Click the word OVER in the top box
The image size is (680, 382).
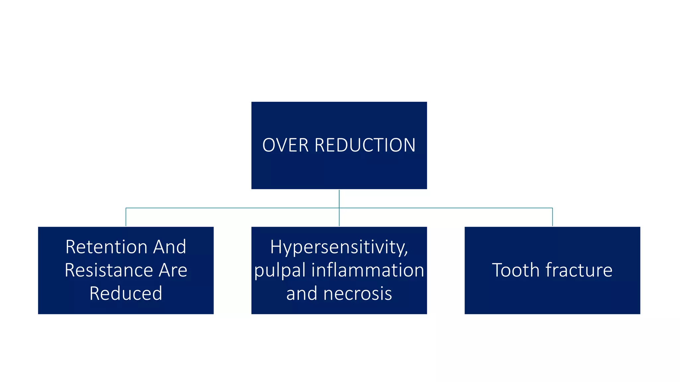[285, 145]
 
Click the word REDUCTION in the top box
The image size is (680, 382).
[365, 145]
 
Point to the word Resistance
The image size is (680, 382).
[108, 270]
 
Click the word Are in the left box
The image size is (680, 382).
[173, 270]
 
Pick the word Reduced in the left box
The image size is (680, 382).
[126, 293]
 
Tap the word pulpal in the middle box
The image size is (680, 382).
[280, 270]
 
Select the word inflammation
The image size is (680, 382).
[368, 270]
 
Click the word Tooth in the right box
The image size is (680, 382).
[515, 270]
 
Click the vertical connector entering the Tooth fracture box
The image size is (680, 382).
[552, 217]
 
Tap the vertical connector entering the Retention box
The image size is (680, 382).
[126, 217]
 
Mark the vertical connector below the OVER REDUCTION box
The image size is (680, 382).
[339, 198]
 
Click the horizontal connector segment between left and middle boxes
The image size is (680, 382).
[232, 208]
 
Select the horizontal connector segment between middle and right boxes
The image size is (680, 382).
[445, 208]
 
